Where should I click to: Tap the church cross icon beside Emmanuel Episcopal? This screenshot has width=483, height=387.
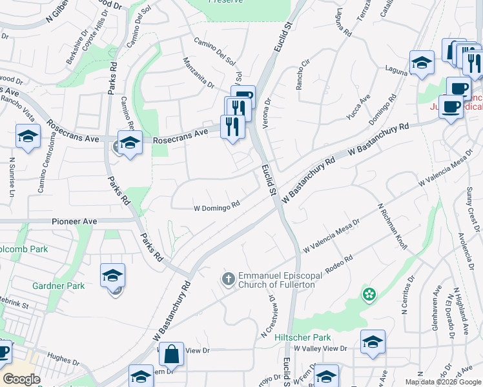pyautogui.click(x=228, y=279)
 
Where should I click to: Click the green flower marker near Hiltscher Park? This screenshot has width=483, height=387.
pyautogui.click(x=369, y=295)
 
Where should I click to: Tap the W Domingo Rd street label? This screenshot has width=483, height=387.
pyautogui.click(x=217, y=208)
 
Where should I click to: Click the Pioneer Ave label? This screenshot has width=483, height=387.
pyautogui.click(x=74, y=221)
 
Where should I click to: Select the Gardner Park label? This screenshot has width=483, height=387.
pyautogui.click(x=59, y=286)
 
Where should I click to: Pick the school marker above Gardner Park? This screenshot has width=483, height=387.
pyautogui.click(x=112, y=275)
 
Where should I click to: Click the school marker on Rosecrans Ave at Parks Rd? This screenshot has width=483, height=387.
pyautogui.click(x=129, y=143)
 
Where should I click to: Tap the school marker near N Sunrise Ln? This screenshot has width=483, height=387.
pyautogui.click(x=28, y=137)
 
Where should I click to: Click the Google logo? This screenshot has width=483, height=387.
pyautogui.click(x=21, y=379)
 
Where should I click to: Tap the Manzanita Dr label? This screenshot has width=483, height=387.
pyautogui.click(x=198, y=72)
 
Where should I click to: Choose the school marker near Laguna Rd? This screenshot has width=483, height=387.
pyautogui.click(x=422, y=63)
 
